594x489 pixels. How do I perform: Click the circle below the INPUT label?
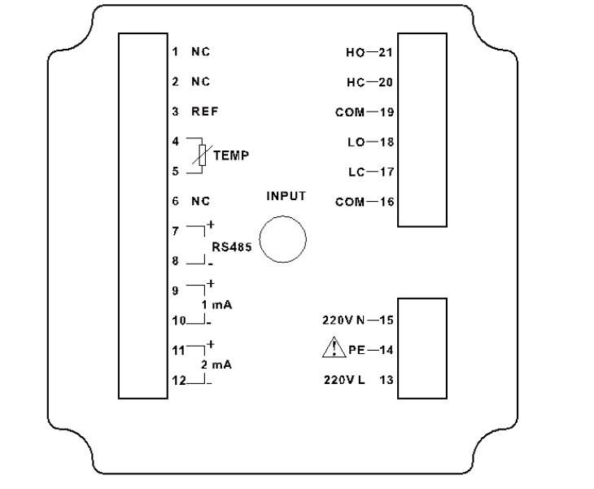pos(282,240)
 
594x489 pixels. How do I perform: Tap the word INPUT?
pos(285,196)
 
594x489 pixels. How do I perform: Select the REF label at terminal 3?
pos(205,112)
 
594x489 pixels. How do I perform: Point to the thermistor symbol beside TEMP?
pos(203,155)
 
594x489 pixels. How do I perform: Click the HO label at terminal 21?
pos(354,53)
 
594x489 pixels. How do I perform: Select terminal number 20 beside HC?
pos(386,82)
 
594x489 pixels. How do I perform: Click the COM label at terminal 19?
pos(349,112)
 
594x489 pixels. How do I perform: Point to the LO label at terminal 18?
pos(355,142)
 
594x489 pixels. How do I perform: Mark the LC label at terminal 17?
pos(355,172)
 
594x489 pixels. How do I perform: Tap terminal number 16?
pos(386,202)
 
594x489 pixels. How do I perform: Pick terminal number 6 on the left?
pos(175,201)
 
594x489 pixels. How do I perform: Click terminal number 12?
pos(177,379)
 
